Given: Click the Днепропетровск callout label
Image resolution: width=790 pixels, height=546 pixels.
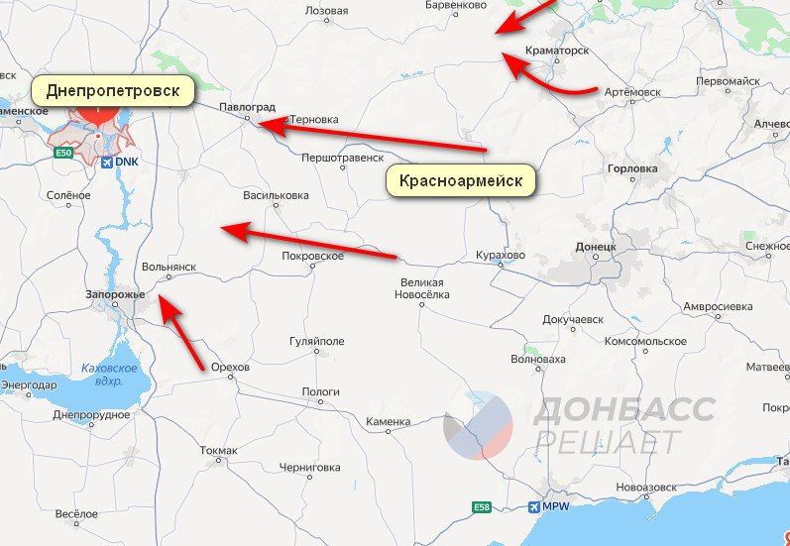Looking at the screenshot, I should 111,91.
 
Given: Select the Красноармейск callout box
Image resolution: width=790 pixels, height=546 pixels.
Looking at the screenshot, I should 460,181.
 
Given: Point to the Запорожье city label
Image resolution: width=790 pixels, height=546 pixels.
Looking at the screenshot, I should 116,295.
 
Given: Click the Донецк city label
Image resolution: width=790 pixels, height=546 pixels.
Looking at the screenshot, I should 596,245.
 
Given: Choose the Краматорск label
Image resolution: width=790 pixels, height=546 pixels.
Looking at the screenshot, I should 558,50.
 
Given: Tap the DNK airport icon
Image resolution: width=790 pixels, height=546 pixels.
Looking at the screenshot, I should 106,162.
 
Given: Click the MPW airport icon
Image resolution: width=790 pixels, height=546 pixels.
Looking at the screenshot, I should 535,507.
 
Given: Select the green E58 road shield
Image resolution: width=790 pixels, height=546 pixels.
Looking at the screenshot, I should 481,507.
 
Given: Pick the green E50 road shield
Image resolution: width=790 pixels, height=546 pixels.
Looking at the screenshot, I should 63,154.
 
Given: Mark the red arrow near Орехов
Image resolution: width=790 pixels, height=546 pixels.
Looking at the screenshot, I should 183,338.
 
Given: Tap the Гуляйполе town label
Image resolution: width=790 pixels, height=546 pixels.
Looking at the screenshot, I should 316,341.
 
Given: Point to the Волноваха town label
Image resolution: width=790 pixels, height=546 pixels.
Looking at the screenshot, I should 537,360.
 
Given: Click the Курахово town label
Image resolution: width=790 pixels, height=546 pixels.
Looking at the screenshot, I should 500,255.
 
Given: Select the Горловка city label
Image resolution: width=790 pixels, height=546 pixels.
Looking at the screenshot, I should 631,168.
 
